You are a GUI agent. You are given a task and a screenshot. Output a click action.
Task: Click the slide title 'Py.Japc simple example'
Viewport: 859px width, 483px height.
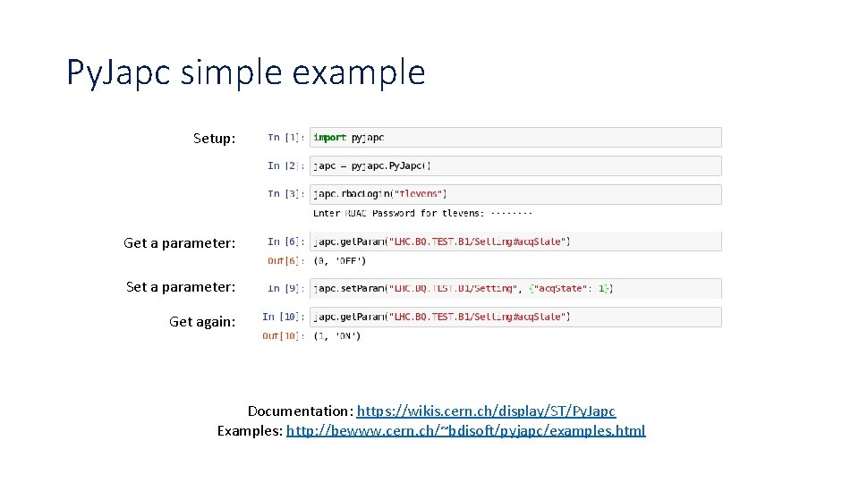(x=245, y=72)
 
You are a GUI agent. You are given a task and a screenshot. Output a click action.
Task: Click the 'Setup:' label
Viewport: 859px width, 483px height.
(x=215, y=139)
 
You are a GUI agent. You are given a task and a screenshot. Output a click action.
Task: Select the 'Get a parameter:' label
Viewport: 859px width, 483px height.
(x=180, y=242)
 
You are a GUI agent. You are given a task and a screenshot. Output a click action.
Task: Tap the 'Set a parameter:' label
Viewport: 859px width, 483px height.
(x=181, y=286)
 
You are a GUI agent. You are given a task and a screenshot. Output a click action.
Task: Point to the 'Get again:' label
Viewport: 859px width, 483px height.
(x=202, y=321)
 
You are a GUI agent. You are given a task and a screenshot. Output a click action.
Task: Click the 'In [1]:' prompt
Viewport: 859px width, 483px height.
(x=285, y=137)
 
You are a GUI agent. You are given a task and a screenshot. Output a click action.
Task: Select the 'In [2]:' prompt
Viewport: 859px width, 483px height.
(x=285, y=165)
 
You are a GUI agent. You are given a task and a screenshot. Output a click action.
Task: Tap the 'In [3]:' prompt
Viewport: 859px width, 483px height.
(x=285, y=193)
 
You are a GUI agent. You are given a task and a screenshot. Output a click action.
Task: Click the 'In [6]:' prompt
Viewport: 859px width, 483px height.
(x=285, y=241)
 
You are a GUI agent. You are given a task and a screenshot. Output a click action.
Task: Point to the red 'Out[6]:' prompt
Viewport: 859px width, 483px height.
(x=285, y=261)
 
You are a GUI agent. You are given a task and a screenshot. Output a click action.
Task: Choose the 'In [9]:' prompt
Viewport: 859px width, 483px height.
(x=285, y=288)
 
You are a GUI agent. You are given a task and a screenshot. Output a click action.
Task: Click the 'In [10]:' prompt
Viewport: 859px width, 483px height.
(x=283, y=317)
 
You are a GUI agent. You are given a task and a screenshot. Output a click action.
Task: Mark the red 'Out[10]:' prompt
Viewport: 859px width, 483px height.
(x=283, y=336)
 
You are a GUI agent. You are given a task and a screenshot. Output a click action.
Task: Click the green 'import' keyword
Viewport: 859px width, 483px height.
(x=330, y=137)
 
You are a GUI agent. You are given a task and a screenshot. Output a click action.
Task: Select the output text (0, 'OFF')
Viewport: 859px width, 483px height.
(x=340, y=261)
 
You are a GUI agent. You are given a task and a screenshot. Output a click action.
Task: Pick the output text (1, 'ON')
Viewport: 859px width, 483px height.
(x=337, y=336)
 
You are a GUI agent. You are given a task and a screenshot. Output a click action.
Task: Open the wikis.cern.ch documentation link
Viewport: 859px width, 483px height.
(x=486, y=411)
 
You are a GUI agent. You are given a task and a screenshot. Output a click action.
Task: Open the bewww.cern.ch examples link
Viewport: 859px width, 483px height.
(x=465, y=431)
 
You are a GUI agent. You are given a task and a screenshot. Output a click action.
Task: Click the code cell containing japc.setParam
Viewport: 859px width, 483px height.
(x=515, y=288)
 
